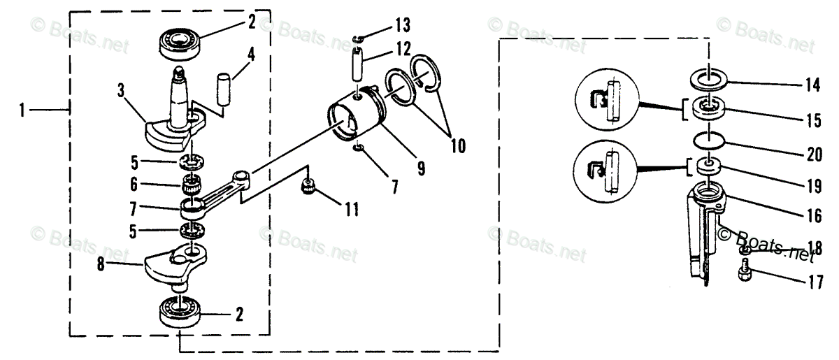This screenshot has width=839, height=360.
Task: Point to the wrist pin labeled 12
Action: (359, 62)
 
